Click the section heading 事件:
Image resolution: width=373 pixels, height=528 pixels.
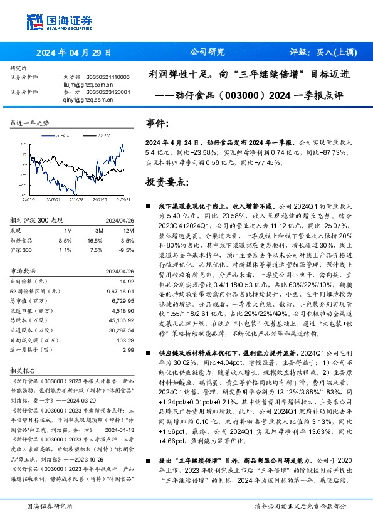click(157, 124)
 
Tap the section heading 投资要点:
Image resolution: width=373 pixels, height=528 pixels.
click(167, 181)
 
